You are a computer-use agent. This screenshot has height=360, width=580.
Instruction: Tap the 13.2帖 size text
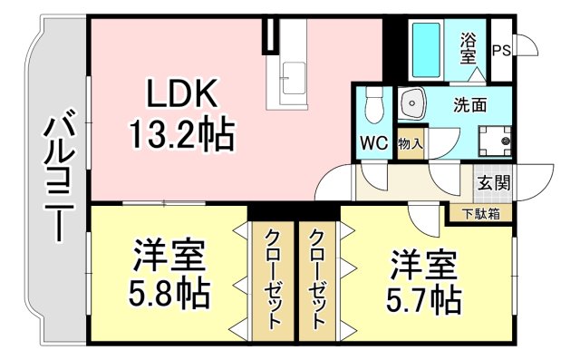[179, 135]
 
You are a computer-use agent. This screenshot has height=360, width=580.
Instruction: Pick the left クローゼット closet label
[272, 277]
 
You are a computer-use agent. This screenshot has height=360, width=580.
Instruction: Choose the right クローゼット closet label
[318, 277]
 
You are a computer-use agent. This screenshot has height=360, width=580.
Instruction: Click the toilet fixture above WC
[372, 109]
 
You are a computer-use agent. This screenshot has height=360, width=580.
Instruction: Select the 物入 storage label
[410, 143]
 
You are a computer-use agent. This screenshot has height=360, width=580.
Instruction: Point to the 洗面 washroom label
[469, 103]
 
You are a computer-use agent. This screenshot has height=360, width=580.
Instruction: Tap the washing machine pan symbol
[495, 140]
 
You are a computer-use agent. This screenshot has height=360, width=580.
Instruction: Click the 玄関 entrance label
[495, 181]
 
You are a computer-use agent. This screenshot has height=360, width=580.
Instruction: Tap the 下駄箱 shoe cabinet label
[480, 214]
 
